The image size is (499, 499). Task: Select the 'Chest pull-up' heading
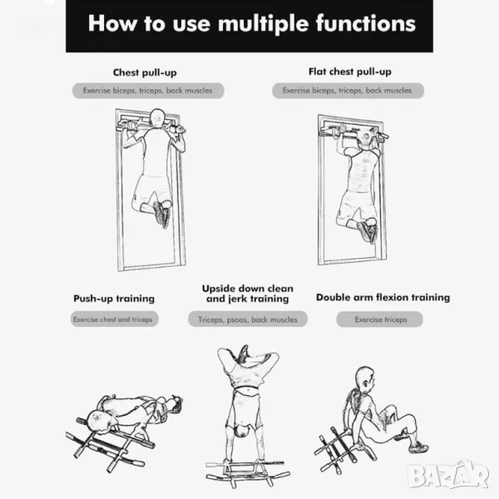tap(145, 72)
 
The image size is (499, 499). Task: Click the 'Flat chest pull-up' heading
tap(350, 72)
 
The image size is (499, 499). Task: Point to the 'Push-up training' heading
tap(114, 299)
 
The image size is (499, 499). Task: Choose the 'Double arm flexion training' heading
tap(383, 297)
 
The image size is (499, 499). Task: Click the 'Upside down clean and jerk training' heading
tap(248, 294)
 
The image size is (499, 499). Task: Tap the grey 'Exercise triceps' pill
tap(380, 319)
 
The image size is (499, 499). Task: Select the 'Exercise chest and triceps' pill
tap(114, 319)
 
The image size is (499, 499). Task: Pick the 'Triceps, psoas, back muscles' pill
tap(248, 319)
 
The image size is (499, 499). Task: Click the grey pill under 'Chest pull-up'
tap(148, 91)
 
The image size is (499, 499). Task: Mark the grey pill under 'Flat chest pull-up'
tap(348, 91)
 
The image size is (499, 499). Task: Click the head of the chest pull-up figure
tap(157, 118)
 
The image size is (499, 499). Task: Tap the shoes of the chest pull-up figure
tap(161, 213)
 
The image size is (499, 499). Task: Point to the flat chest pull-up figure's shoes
tap(368, 230)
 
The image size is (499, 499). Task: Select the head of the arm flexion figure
tap(365, 378)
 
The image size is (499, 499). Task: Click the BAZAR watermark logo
tap(448, 474)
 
